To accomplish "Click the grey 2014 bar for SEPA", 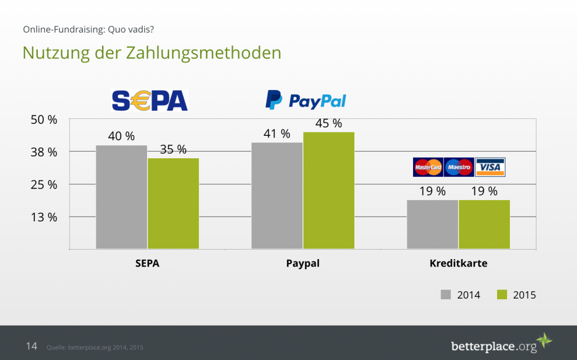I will [x=121, y=197].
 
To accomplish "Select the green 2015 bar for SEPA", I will [x=174, y=203].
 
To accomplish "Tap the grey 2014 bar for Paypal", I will [x=277, y=195].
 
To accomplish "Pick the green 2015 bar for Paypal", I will [x=329, y=190].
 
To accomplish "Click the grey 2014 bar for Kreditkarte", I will [x=432, y=224].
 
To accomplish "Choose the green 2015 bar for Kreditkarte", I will [x=484, y=224].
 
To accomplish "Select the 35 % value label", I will [x=174, y=149].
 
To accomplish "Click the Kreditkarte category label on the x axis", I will [x=458, y=263].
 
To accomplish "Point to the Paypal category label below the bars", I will [x=303, y=263].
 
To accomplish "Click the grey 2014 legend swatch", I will [x=446, y=295].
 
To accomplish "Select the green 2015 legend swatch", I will [x=502, y=295].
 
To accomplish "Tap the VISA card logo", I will [x=490, y=167].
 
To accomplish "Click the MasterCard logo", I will [x=428, y=167].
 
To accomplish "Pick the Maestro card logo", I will [x=459, y=167].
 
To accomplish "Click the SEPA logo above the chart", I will [x=149, y=100].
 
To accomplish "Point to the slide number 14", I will [x=32, y=346].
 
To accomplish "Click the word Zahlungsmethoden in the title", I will [x=203, y=53].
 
